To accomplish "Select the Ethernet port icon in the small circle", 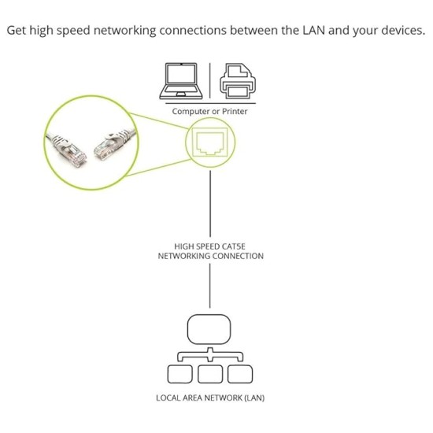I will (210, 142).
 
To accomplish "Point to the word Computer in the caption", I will (191, 112).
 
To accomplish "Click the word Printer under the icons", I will (235, 112).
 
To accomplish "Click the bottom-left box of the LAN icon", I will (179, 372).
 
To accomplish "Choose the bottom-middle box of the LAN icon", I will (209, 372).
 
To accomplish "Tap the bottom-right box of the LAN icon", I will (239, 372).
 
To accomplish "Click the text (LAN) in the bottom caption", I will (254, 398).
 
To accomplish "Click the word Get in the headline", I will (17, 31).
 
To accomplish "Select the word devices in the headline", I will (400, 31).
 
